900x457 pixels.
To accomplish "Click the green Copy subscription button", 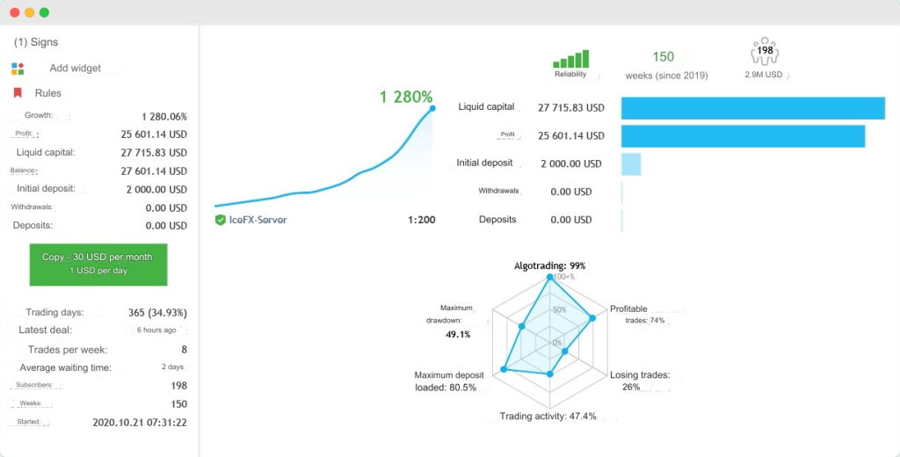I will click(98, 263).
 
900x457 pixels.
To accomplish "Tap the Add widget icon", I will click(18, 68).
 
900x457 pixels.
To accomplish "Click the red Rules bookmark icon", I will click(18, 92).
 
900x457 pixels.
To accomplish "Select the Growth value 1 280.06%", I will click(163, 116).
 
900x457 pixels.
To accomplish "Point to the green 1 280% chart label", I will click(406, 97).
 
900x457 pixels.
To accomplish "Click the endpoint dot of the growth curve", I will click(432, 109).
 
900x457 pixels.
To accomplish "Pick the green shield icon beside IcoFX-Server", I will click(221, 220).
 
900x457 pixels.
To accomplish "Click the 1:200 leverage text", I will click(421, 220).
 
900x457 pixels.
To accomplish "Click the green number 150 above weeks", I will click(664, 57).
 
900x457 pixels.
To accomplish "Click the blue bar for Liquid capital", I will click(752, 108).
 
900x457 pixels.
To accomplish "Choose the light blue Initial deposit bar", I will click(631, 163).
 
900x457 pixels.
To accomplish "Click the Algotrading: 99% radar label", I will click(549, 265).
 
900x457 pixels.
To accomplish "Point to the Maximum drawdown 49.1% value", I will click(458, 334).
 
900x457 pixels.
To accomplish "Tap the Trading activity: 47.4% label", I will click(548, 416).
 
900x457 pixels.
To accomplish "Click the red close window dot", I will click(14, 12).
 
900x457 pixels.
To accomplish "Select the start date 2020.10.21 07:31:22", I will click(140, 422).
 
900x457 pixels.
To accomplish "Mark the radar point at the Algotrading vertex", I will click(550, 278).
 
